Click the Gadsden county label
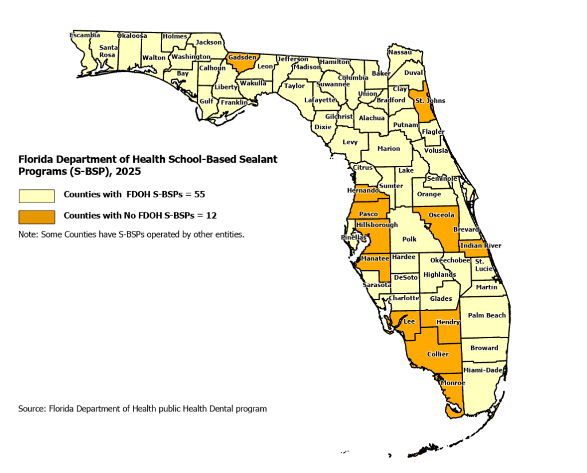pos(242,57)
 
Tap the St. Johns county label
pos(430,101)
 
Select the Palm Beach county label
pos(487,315)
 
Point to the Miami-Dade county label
pos(483,370)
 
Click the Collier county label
pos(438,354)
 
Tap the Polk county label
pos(409,239)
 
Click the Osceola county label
pos(441,215)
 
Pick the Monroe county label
pos(453,383)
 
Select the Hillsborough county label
pos(377,225)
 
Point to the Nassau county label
pos(400,52)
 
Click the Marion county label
pos(389,149)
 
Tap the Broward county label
pos(484,348)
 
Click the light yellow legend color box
pos(37,196)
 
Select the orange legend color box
pos(37,216)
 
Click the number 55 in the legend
pos(199,195)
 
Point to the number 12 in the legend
pos(210,215)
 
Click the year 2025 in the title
pos(129,170)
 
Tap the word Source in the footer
pos(32,409)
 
